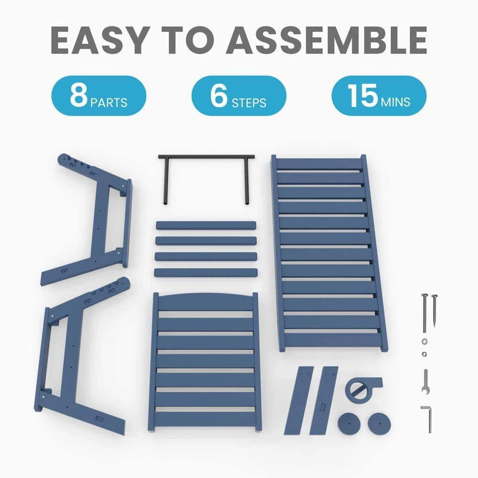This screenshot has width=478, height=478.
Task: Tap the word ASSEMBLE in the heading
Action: pos(326,40)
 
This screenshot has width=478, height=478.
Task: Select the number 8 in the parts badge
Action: pos(79,95)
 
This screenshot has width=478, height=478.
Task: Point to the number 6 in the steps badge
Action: pos(219,95)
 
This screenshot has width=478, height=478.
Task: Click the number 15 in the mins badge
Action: pos(362,95)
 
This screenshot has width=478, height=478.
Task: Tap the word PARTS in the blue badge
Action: pos(109,103)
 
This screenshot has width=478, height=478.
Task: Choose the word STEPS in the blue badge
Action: pos(249,103)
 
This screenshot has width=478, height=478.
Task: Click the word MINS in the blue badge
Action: pos(395,102)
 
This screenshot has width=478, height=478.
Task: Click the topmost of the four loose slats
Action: pos(206,226)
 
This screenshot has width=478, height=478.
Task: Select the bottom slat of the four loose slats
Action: pos(206,272)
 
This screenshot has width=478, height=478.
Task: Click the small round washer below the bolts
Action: pos(424,341)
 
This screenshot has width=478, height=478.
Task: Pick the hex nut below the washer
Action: pos(424,354)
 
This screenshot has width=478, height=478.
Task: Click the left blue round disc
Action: pos(349,424)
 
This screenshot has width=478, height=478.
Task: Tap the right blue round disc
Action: pos(379,424)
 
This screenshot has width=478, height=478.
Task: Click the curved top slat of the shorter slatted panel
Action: pos(206,302)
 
